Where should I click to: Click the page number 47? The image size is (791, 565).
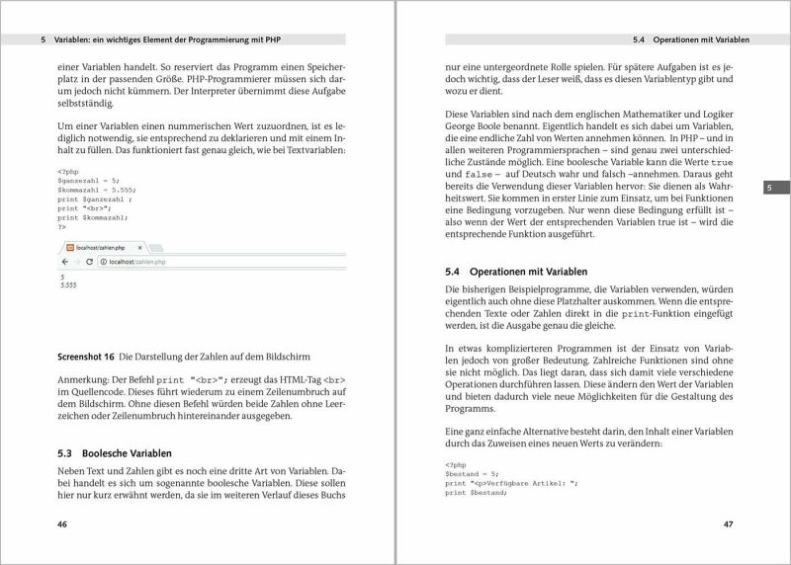(x=729, y=525)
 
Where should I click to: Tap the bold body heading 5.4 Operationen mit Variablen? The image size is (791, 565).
(x=517, y=271)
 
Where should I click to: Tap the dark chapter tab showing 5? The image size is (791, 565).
(x=771, y=189)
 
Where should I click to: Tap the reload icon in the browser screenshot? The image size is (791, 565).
(x=89, y=262)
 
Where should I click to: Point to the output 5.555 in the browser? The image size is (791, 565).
(x=68, y=284)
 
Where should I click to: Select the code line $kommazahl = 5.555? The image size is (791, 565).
(x=96, y=190)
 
